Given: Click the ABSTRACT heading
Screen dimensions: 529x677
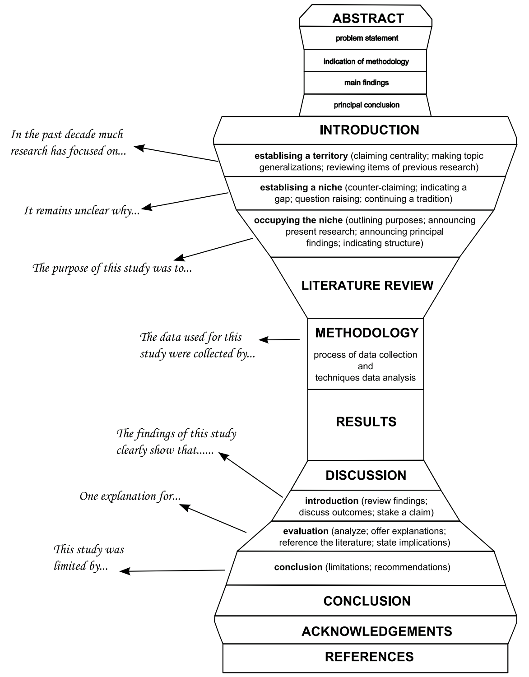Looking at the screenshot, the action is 368,19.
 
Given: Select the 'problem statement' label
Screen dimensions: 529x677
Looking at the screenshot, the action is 367,38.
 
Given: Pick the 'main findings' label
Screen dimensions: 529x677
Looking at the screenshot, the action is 367,83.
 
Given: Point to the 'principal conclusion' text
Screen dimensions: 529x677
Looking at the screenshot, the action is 367,105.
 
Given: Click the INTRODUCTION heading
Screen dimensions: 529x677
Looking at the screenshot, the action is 369,130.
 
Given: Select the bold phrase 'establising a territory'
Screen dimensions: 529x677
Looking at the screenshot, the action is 301,156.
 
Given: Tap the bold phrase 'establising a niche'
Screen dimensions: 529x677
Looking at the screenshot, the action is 301,187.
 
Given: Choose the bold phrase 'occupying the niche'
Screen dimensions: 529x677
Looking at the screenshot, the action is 298,220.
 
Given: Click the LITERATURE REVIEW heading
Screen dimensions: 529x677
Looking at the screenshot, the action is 367,285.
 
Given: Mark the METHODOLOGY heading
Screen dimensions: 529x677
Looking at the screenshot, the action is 367,333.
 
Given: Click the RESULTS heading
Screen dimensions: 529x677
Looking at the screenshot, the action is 366,422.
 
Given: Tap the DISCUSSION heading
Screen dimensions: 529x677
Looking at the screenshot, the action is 366,475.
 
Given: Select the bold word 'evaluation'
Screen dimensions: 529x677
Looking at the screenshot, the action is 306,531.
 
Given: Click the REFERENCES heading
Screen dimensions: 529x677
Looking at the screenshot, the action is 369,657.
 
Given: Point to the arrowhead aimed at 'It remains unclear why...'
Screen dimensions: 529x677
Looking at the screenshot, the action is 146,207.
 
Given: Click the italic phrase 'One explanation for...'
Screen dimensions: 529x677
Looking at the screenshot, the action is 130,496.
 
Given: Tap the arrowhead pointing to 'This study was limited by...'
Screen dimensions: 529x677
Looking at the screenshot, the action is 125,571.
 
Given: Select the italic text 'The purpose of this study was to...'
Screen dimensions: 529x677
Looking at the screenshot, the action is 112,268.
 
